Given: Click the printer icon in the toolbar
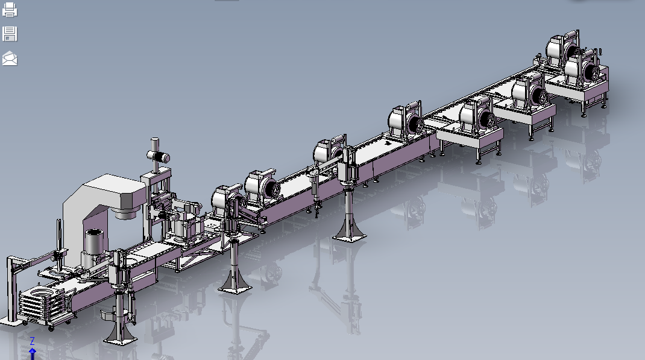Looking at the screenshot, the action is (10, 10).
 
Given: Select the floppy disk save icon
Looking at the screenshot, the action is (10, 34).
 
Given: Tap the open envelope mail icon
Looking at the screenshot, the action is (10, 58).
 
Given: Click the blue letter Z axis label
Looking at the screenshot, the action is (32, 341).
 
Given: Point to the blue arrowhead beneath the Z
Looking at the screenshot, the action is (32, 352).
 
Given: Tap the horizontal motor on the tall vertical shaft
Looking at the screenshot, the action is (159, 157).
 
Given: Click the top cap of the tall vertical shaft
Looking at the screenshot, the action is (155, 141).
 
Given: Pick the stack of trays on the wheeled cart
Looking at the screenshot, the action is (41, 304).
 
